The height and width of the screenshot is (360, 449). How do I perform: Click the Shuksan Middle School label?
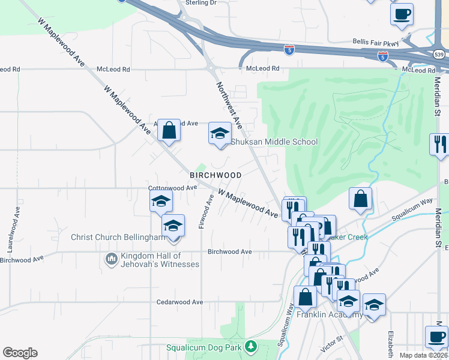[274, 142]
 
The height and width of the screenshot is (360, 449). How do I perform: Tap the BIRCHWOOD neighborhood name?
[215, 175]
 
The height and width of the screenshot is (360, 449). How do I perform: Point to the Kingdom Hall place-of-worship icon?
[111, 259]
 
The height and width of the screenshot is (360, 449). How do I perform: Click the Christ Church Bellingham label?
[118, 238]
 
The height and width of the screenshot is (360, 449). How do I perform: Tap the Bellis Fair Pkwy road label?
[376, 43]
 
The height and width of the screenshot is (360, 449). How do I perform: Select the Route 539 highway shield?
[439, 55]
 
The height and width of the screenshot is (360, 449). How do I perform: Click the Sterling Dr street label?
[200, 3]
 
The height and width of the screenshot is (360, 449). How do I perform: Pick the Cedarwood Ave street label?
[181, 302]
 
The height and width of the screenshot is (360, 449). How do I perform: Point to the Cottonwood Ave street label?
[173, 188]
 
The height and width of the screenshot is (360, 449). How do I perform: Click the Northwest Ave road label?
[230, 106]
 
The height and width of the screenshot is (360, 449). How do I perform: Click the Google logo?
[20, 353]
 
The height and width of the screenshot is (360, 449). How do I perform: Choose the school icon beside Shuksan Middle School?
[220, 133]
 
